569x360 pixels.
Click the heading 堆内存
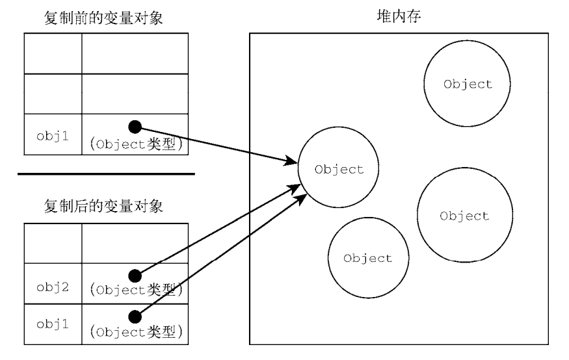tap(399, 16)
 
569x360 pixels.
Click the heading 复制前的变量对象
tap(103, 18)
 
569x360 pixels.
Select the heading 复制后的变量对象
tap(103, 206)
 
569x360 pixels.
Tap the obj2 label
tap(53, 287)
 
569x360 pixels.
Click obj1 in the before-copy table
tap(53, 136)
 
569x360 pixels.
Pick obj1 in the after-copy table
tap(53, 324)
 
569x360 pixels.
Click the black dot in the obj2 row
tap(135, 276)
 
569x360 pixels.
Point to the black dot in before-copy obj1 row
tap(135, 127)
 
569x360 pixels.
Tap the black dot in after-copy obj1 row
tap(135, 317)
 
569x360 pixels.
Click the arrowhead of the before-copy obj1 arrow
tap(291, 161)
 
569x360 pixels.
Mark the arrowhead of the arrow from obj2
tap(295, 188)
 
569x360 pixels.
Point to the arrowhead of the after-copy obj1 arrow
tap(302, 199)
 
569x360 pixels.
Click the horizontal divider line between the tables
tap(106, 174)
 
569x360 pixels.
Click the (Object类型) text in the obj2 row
tap(137, 290)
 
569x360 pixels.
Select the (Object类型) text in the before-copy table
tap(137, 144)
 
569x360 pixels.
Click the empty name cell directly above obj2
tap(53, 243)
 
